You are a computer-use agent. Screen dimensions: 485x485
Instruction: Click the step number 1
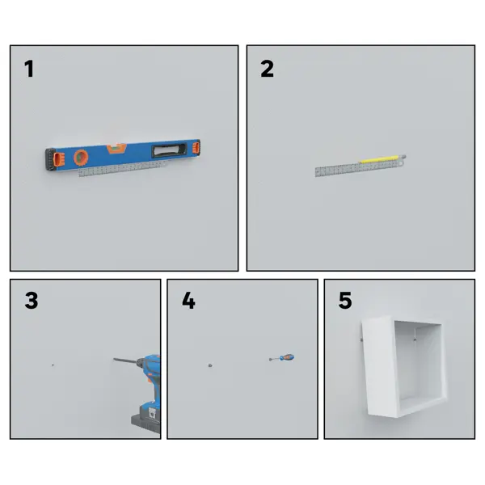point(29,69)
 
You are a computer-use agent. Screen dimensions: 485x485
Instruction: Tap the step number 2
point(267,69)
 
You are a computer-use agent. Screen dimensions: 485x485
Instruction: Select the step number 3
point(32,301)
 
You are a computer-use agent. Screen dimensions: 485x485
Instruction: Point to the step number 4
point(188,301)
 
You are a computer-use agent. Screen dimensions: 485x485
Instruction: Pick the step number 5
point(345,301)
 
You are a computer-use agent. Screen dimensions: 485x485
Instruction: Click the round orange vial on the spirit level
point(81,157)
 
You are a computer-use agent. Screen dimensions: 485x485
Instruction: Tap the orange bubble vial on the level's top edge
point(116,148)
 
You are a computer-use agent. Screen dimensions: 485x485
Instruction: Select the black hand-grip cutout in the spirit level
point(169,150)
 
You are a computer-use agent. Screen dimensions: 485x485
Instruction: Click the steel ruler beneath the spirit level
point(121,169)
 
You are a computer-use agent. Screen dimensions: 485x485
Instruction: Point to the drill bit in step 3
point(124,361)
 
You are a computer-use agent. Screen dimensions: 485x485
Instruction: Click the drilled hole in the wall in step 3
point(53,365)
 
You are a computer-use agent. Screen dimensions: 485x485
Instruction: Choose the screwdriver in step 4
point(281,358)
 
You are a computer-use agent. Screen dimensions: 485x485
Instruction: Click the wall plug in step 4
point(210,365)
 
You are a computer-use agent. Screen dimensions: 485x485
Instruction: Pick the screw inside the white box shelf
point(415,340)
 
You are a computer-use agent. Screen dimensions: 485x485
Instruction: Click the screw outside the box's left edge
point(361,340)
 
